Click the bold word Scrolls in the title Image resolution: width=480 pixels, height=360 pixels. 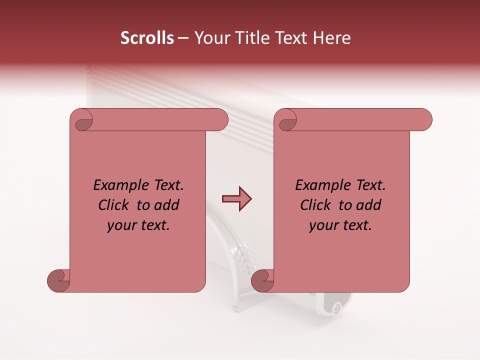[147, 38]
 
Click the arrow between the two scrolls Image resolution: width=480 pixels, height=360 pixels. [236, 199]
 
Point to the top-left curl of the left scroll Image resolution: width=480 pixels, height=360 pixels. [83, 122]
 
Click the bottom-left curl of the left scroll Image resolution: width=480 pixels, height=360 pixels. [58, 280]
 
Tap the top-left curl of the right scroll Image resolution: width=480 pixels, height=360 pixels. [287, 122]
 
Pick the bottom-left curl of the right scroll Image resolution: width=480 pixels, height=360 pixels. [262, 280]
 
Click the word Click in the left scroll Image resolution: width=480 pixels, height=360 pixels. [115, 205]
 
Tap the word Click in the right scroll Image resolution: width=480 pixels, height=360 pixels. [317, 205]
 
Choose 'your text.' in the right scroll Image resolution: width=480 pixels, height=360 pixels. [340, 225]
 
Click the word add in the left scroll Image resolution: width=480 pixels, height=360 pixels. [167, 205]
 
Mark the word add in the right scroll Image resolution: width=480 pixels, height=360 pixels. [369, 205]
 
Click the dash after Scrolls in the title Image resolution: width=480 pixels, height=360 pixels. [183, 38]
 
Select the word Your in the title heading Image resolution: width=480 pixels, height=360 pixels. [210, 38]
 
